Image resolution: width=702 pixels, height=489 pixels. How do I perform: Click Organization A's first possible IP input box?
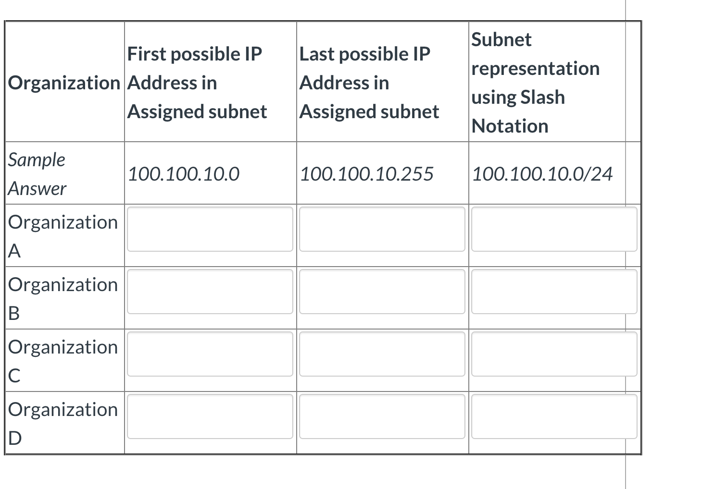[x=210, y=229]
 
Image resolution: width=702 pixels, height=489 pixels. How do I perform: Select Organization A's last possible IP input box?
[x=382, y=229]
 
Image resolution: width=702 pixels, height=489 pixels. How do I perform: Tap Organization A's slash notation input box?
[x=554, y=229]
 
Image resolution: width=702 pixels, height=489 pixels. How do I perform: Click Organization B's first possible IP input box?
[x=210, y=292]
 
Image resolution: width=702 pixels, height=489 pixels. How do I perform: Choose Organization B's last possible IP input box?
[x=382, y=292]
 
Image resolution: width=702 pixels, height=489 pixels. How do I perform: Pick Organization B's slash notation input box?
[x=554, y=292]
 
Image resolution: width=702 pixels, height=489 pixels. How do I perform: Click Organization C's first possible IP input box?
[x=210, y=354]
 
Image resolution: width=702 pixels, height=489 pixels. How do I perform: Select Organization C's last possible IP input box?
[x=382, y=354]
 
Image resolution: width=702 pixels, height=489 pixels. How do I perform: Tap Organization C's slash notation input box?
[x=554, y=354]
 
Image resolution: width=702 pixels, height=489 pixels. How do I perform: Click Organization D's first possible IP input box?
[x=210, y=416]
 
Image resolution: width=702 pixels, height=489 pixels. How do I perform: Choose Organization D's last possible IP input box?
[x=382, y=416]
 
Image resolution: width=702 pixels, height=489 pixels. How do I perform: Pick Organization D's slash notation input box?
[x=554, y=416]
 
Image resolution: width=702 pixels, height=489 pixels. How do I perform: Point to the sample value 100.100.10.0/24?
[x=542, y=174]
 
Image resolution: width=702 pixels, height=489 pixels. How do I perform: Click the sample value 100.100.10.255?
[x=366, y=174]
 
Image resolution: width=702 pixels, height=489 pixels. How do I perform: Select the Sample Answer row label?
[x=37, y=174]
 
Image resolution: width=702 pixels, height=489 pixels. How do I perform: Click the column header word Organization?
[x=64, y=83]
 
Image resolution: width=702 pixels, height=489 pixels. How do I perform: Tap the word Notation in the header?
[x=510, y=126]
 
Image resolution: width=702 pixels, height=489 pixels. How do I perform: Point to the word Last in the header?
[x=317, y=54]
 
